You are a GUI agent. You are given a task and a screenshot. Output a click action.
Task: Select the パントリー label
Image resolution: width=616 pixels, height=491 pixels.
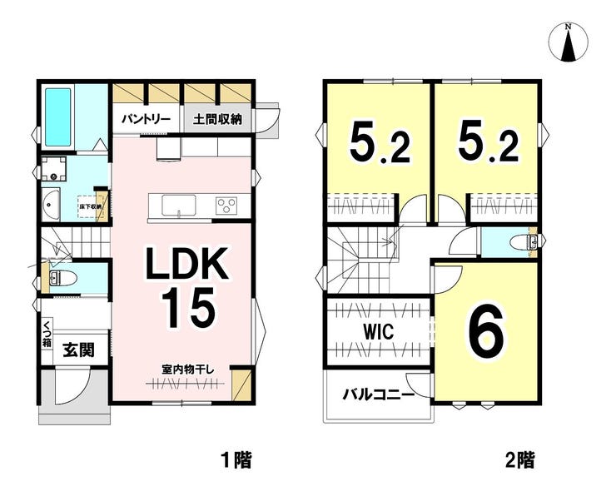[146, 119]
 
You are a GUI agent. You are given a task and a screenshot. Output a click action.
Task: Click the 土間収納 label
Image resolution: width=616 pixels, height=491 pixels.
[217, 119]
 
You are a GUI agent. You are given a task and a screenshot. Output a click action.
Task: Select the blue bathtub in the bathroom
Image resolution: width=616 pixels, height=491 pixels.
[57, 116]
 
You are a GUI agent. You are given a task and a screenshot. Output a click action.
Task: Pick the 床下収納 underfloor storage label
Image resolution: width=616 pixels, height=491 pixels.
[90, 206]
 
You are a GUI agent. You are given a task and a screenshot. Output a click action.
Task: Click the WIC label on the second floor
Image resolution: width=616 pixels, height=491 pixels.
[378, 330]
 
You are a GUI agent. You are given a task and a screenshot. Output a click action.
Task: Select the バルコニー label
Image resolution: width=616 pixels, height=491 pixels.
[379, 394]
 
